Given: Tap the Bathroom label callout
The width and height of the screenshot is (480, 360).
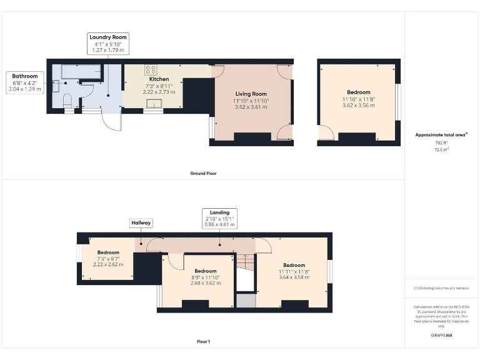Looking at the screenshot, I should [x=25, y=82].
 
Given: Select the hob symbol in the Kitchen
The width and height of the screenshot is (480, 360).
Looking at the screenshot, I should [x=151, y=69].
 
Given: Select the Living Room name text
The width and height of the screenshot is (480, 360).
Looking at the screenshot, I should [x=250, y=94].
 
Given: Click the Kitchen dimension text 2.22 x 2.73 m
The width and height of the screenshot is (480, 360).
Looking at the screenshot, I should [x=159, y=91].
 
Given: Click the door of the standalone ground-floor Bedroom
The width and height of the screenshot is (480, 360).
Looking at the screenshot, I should [x=325, y=132].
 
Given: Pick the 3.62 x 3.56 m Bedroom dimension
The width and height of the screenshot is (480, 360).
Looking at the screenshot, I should [x=359, y=106].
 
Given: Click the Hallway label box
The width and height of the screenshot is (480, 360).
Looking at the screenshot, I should [x=141, y=222].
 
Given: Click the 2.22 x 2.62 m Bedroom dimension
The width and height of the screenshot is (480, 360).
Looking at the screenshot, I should [x=107, y=264].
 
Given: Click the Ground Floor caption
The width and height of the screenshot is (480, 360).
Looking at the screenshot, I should [x=203, y=173].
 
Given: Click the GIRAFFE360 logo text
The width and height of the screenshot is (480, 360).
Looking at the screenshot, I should [x=441, y=336].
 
